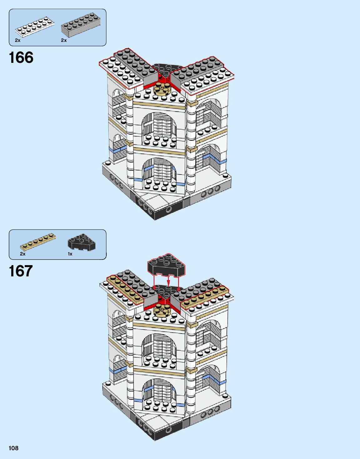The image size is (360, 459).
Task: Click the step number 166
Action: (21, 58)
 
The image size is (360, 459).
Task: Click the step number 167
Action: (21, 271)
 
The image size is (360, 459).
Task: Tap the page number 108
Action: (13, 448)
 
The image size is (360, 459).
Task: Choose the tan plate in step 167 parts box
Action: (38, 242)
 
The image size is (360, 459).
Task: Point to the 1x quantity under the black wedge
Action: (70, 254)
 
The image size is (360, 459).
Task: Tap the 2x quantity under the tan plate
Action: (23, 254)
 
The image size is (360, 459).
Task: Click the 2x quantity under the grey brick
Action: (64, 40)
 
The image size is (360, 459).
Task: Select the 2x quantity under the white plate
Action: (18, 40)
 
